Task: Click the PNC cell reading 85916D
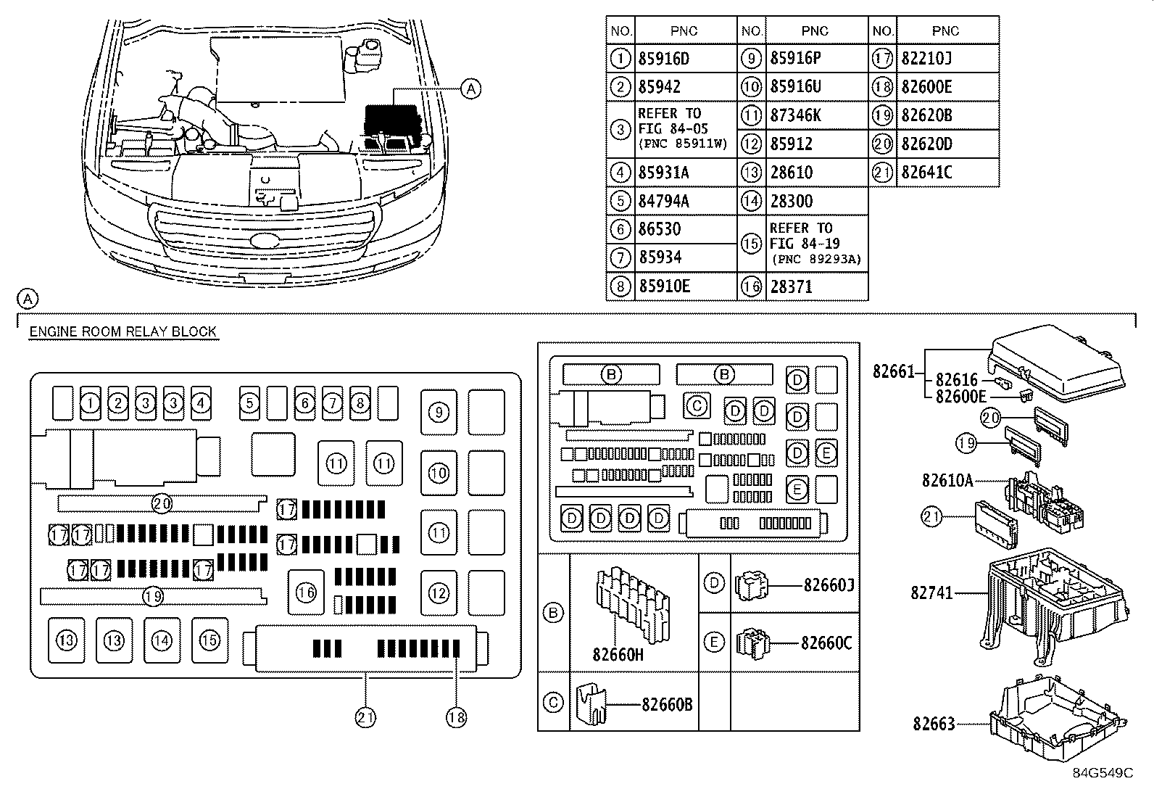(x=685, y=58)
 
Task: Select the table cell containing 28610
(x=816, y=173)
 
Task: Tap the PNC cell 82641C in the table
(x=947, y=173)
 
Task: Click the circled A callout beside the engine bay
(x=471, y=89)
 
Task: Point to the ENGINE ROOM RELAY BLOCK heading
(x=123, y=332)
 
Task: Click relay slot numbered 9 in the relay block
(x=439, y=413)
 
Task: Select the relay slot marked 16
(x=306, y=592)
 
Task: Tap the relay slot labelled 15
(x=209, y=640)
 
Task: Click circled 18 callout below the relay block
(x=456, y=717)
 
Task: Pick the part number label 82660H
(x=618, y=654)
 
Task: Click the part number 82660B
(x=667, y=703)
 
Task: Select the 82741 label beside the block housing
(x=931, y=593)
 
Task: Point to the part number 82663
(x=934, y=723)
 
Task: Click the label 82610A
(x=947, y=481)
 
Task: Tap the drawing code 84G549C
(x=1103, y=773)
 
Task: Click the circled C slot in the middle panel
(x=697, y=405)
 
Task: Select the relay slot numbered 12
(x=439, y=593)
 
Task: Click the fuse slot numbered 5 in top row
(x=249, y=402)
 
